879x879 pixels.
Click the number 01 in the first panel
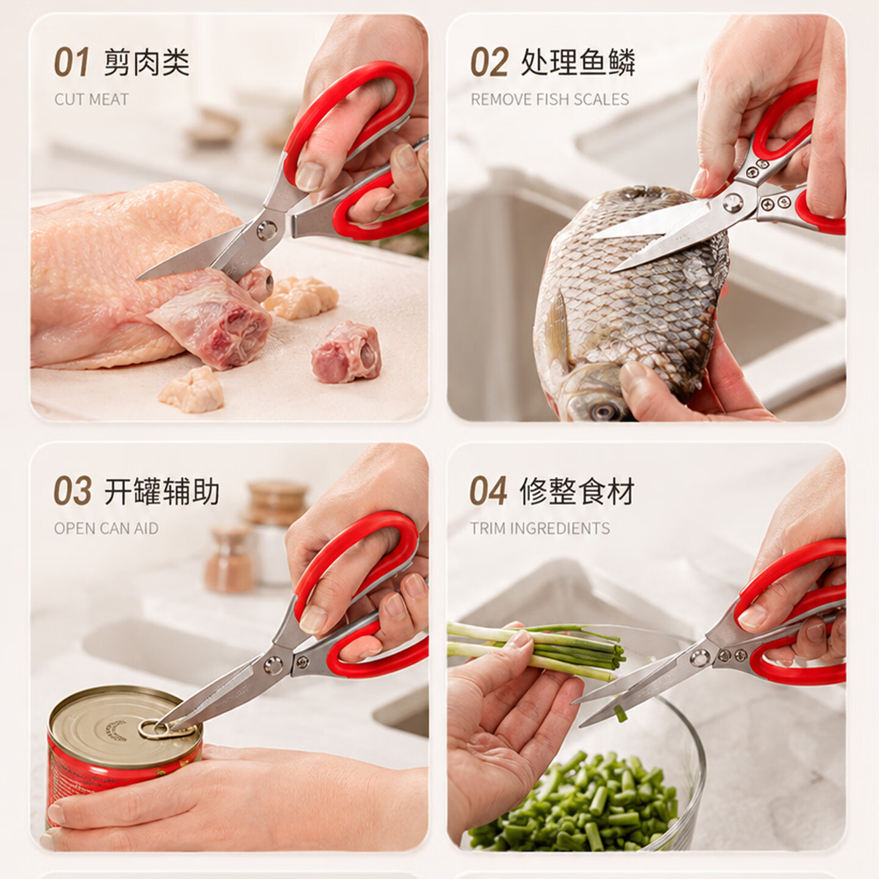[x=71, y=62]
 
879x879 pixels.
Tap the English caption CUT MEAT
[x=91, y=99]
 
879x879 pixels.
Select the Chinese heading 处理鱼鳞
[x=577, y=62]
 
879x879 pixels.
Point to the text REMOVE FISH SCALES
[x=549, y=99]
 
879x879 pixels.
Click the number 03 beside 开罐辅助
[x=72, y=491]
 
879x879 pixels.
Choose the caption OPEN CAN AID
[x=106, y=528]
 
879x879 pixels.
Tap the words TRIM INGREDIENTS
[x=540, y=528]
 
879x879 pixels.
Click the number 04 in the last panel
[x=488, y=491]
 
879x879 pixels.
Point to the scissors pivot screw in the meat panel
[x=266, y=230]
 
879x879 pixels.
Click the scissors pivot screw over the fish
[x=734, y=201]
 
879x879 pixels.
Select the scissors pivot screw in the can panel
[x=273, y=665]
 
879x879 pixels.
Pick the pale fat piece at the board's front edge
[x=192, y=389]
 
